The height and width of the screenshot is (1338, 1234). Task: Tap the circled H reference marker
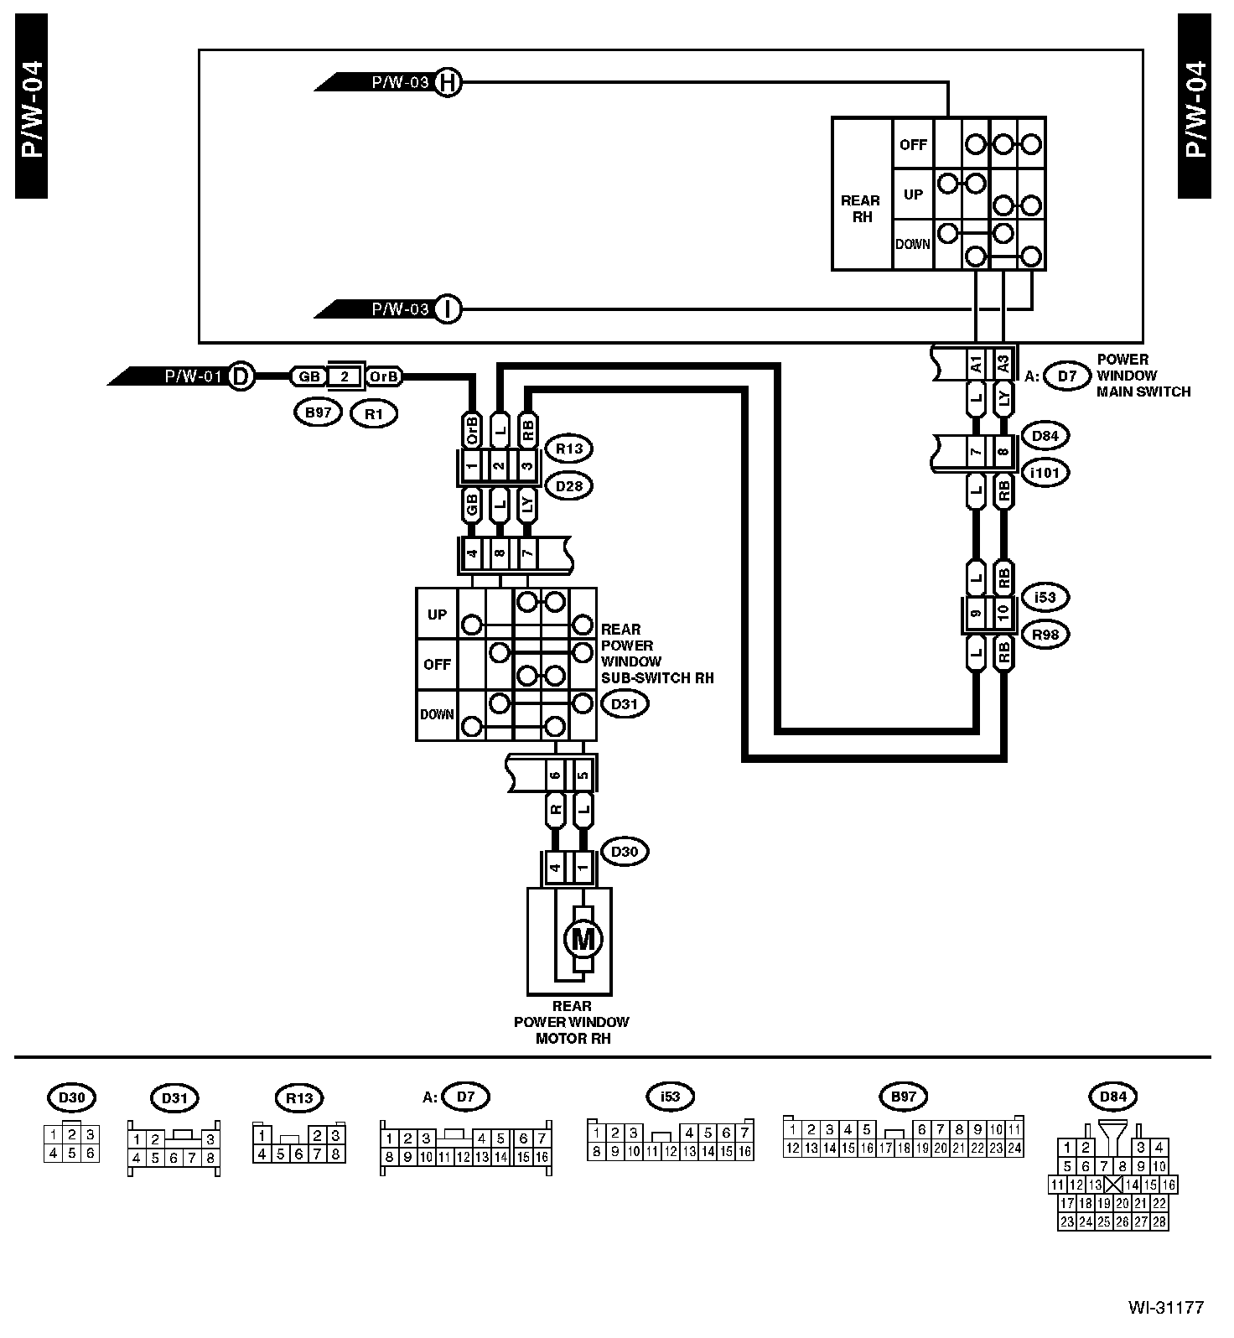coord(448,82)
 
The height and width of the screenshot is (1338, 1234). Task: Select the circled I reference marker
coord(448,309)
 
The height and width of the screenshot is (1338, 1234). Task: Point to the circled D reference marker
coord(241,376)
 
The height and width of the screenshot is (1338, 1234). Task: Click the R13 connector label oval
coord(569,449)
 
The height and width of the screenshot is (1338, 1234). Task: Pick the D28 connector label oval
coord(569,485)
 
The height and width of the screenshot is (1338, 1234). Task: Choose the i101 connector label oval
coord(1045,473)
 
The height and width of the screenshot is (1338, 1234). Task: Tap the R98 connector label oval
coord(1045,635)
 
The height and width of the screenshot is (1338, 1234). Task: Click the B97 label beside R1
coord(318,412)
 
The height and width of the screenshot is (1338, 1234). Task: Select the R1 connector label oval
coord(374,413)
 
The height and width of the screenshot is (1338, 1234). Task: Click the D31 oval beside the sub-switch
coord(625,704)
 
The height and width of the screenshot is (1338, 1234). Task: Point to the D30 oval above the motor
coord(625,852)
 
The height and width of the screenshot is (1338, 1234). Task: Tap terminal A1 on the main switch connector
coord(976,366)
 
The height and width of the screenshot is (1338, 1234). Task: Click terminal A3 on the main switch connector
coord(1003,366)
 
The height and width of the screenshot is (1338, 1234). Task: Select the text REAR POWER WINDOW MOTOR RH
coord(571,1022)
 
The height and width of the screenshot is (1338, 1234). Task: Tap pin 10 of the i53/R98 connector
coord(1003,612)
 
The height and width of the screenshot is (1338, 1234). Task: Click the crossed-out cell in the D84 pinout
coord(1112,1185)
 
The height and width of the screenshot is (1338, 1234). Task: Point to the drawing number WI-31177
coord(1165,1307)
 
